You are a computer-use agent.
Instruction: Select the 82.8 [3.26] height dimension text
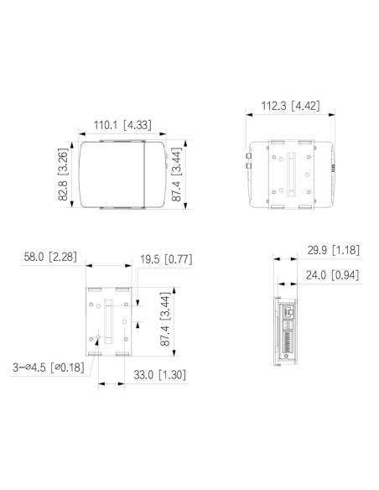[x=63, y=178]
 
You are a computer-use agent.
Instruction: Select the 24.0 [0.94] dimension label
[x=330, y=274]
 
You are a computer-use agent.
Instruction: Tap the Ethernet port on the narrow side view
[x=290, y=313]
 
